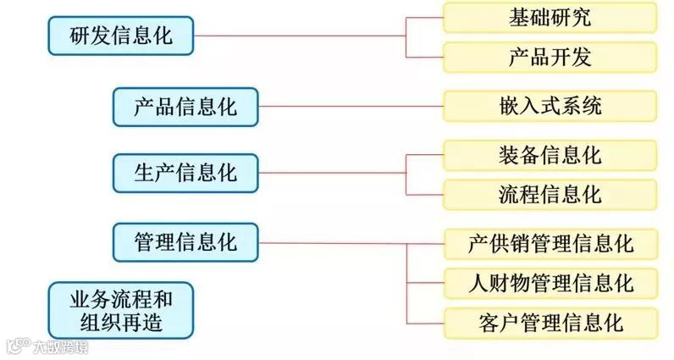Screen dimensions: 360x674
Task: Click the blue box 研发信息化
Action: (120, 36)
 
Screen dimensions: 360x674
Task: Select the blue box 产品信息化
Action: (185, 107)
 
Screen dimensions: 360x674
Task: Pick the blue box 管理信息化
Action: (185, 242)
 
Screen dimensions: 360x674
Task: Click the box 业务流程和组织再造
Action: (120, 309)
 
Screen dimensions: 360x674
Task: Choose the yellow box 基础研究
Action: (550, 17)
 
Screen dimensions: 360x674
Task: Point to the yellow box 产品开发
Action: (550, 57)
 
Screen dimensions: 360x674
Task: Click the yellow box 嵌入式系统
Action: (550, 107)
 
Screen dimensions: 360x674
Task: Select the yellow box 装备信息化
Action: (550, 155)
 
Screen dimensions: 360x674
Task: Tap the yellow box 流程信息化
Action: (550, 194)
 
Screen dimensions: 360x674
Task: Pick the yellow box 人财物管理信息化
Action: (550, 282)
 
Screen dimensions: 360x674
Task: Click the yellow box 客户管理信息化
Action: (550, 322)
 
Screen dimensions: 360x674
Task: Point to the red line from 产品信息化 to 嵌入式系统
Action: (351, 107)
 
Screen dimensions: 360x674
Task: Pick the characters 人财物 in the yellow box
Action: (500, 282)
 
